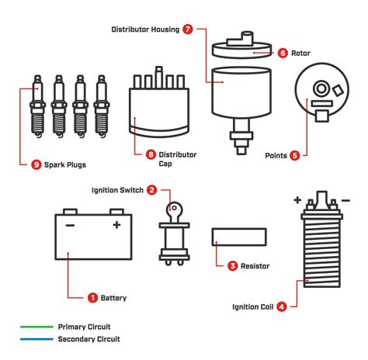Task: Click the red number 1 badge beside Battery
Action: (x=92, y=297)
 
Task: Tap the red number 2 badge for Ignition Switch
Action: (x=152, y=189)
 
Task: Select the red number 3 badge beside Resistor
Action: (x=232, y=266)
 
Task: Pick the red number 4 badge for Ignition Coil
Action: (x=281, y=306)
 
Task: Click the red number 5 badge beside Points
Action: (x=294, y=155)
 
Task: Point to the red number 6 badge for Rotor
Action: (x=283, y=53)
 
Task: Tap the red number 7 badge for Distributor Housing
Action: (x=189, y=29)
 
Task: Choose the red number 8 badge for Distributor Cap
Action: (x=151, y=154)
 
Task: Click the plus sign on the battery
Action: (x=116, y=225)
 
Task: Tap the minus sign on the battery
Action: (x=70, y=225)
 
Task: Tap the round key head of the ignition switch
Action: (x=175, y=209)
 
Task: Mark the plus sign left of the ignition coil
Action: (x=297, y=199)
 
